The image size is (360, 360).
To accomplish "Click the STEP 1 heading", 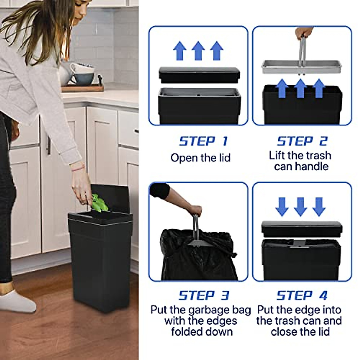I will (203, 141).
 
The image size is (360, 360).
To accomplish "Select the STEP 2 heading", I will (302, 141).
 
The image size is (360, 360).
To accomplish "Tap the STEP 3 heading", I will (204, 295).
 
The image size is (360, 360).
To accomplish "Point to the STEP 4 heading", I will (302, 295).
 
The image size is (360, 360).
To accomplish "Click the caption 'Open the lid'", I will (200, 158).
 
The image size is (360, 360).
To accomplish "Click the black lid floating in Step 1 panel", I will (199, 75).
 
